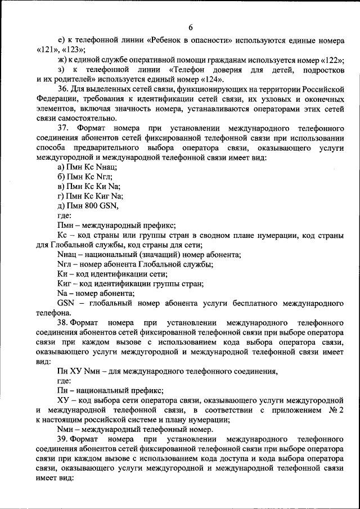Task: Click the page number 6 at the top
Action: [x=190, y=28]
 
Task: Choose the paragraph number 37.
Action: [x=64, y=128]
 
